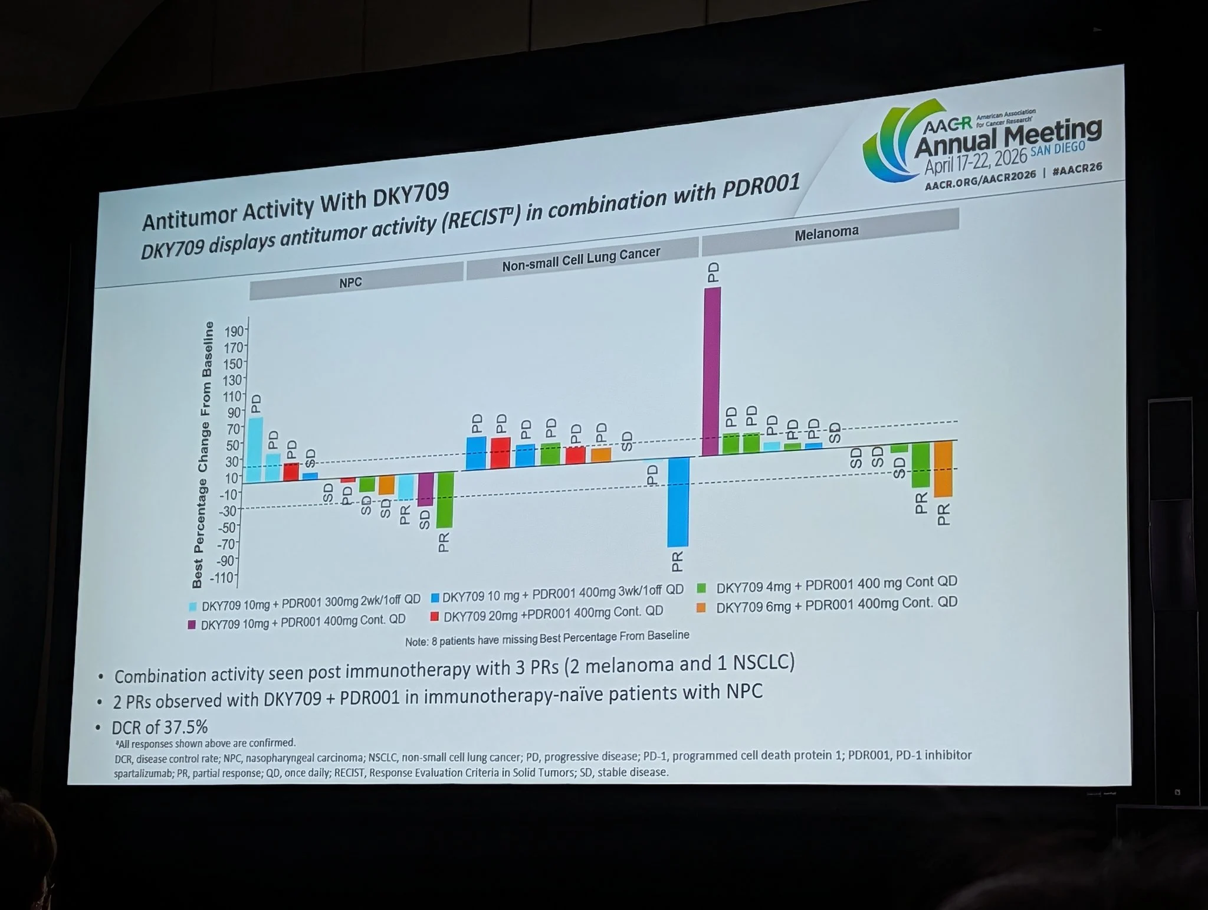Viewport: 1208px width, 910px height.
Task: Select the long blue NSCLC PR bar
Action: click(x=678, y=502)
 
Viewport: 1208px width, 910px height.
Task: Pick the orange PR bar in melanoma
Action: click(x=943, y=469)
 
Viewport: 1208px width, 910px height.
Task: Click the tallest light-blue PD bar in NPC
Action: click(x=255, y=450)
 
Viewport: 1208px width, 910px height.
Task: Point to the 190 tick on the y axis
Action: click(x=234, y=331)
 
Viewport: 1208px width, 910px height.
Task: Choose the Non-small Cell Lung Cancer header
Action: click(x=581, y=258)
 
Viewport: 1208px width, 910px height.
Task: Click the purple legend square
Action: click(x=192, y=624)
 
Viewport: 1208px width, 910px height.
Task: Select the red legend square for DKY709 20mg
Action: click(x=435, y=617)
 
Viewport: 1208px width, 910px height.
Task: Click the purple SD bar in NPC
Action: click(x=425, y=489)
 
